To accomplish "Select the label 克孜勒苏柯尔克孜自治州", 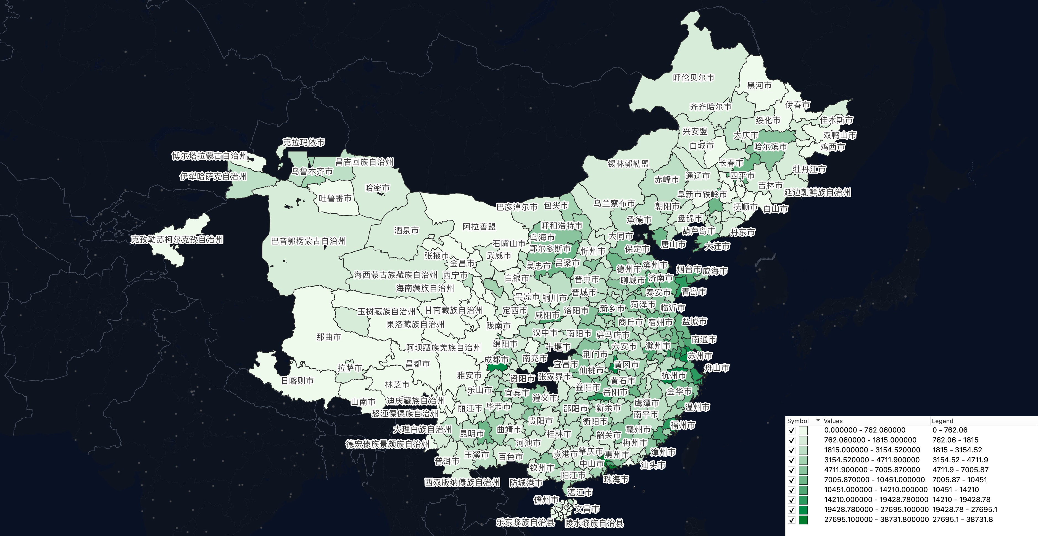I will (x=176, y=240).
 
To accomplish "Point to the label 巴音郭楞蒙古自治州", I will (x=308, y=241).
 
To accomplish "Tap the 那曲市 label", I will (x=328, y=337).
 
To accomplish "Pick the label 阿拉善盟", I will (x=479, y=227).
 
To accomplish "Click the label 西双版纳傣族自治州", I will (x=462, y=482).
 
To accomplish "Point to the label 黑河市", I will (x=759, y=85).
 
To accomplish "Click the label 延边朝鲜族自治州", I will (x=817, y=192).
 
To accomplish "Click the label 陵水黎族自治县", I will (x=594, y=523).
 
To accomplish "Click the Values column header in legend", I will (x=833, y=421).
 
